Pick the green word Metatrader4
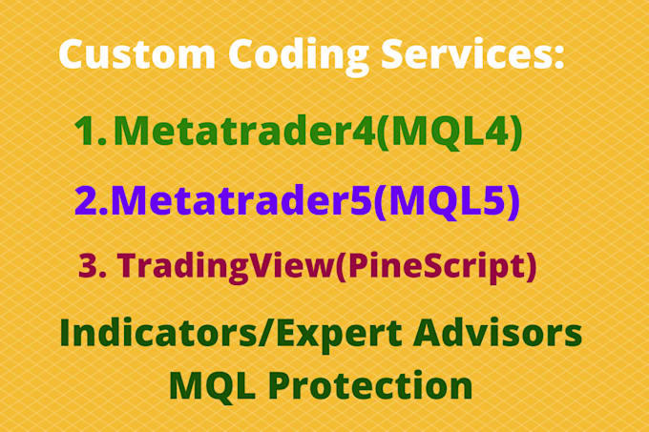coord(243,134)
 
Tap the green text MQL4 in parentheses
coord(449,134)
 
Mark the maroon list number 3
coord(90,266)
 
